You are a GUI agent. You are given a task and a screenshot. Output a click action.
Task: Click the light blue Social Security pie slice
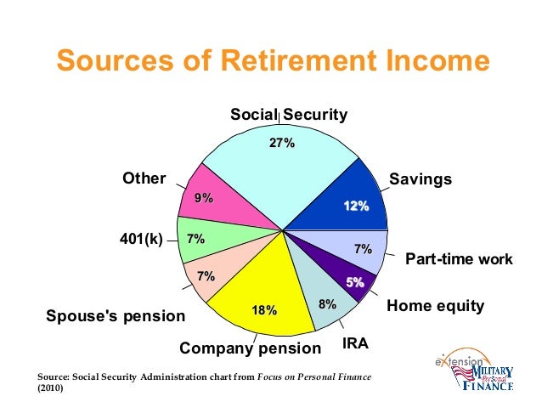[x=272, y=178]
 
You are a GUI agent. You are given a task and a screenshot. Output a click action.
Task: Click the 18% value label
[x=264, y=311]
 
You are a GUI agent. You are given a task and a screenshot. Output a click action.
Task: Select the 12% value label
[x=356, y=207]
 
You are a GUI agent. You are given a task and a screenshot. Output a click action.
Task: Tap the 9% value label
[x=204, y=198]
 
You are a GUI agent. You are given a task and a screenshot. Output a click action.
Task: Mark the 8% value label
[x=327, y=303]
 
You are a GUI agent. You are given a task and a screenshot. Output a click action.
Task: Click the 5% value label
[x=354, y=281]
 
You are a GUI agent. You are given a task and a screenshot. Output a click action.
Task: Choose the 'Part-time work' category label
[x=459, y=259]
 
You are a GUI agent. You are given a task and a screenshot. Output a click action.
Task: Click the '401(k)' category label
[x=140, y=239]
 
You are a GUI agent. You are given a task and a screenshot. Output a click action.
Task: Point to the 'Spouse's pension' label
[x=115, y=317]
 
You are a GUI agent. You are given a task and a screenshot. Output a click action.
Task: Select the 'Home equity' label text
[x=435, y=305]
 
